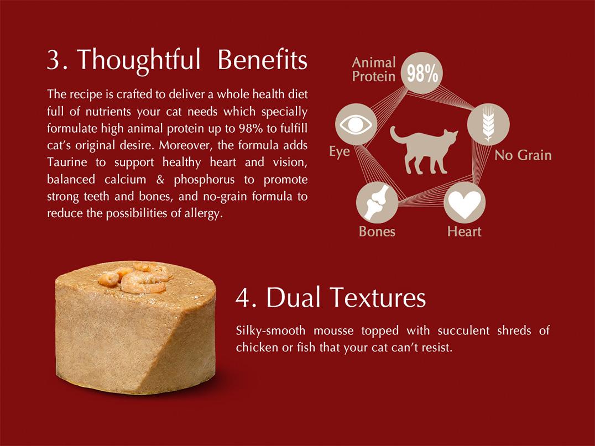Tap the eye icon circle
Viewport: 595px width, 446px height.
click(356, 124)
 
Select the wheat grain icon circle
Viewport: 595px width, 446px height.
click(488, 124)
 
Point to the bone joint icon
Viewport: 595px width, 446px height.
click(377, 202)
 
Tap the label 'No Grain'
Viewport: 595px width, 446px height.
click(523, 155)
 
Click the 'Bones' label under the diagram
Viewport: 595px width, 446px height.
click(377, 232)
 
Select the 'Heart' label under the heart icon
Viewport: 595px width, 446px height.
click(464, 232)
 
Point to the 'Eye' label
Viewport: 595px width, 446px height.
click(339, 151)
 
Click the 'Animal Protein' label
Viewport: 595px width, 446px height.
click(374, 70)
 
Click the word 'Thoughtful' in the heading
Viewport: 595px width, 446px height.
click(139, 60)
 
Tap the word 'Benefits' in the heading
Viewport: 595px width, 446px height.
click(262, 59)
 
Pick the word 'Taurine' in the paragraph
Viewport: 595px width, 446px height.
click(67, 162)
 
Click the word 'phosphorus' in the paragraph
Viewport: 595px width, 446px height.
click(204, 180)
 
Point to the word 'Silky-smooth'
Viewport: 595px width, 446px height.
click(270, 330)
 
